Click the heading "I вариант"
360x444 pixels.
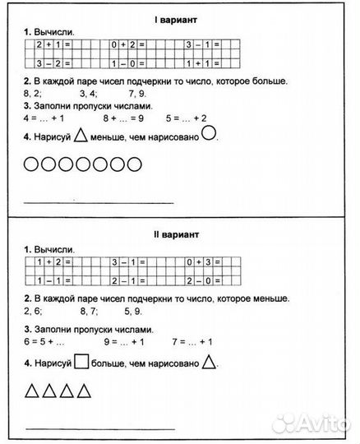180,17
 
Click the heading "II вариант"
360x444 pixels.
180,234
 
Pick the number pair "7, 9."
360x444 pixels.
138,95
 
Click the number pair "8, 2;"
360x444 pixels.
36,95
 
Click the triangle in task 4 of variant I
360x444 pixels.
81,137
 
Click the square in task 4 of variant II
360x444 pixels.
81,363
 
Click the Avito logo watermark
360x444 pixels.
316,423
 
